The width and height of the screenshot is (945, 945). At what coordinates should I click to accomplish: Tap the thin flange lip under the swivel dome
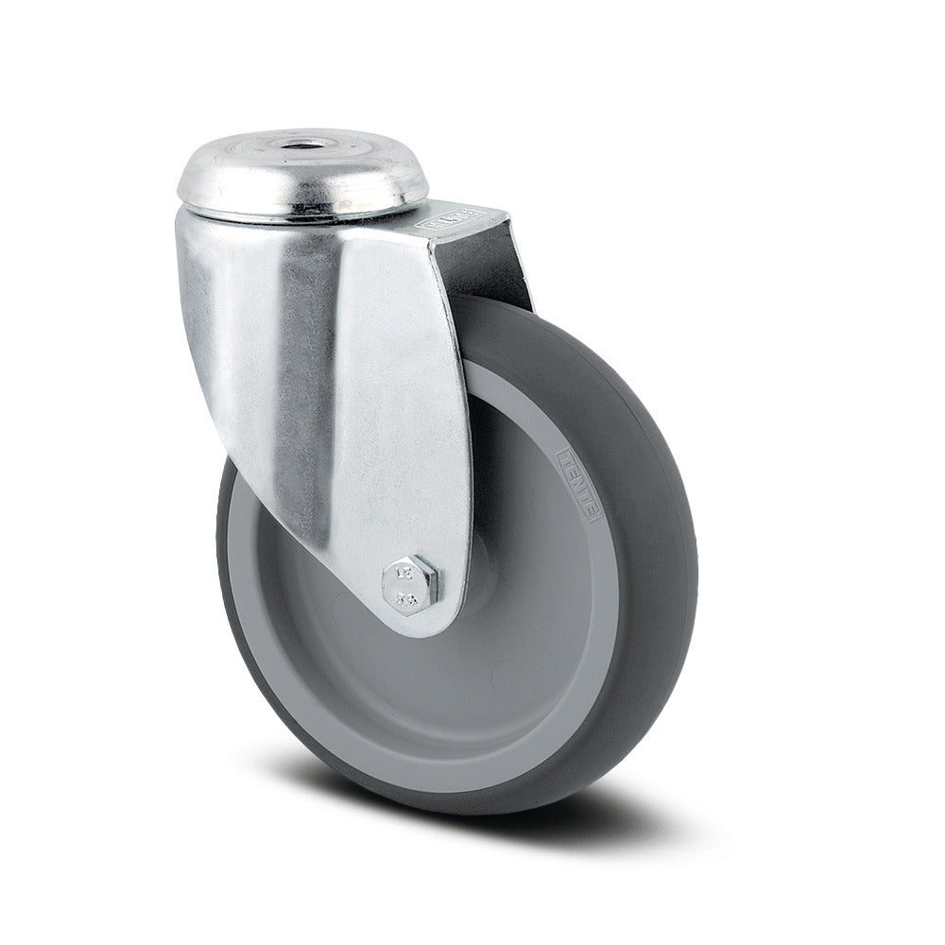pos(302,215)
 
